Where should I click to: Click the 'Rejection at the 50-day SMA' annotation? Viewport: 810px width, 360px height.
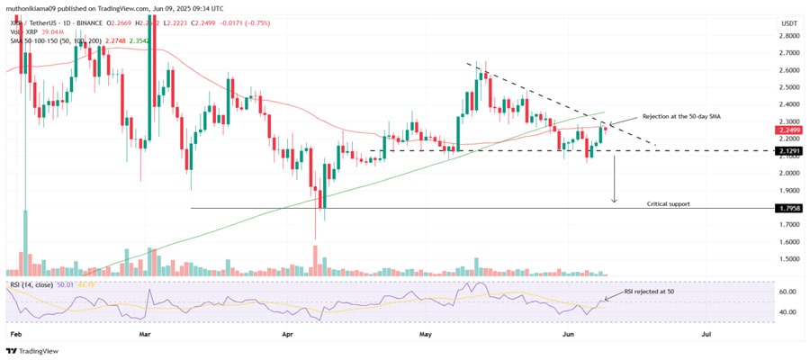tap(682, 117)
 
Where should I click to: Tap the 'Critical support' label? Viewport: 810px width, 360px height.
tap(669, 203)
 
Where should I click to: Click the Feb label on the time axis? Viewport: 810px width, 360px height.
tap(13, 334)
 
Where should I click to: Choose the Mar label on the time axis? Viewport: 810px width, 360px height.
tap(147, 334)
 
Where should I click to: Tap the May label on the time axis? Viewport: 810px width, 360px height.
tap(427, 334)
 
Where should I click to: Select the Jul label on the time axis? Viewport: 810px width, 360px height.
tap(705, 334)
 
